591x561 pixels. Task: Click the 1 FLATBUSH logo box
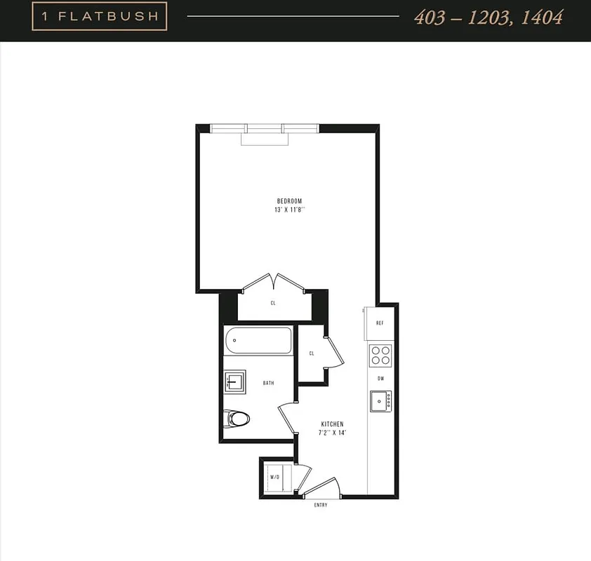click(x=100, y=17)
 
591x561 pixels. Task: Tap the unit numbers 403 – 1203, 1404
click(x=488, y=18)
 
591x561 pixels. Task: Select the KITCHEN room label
click(x=332, y=424)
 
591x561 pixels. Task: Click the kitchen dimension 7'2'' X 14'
click(x=332, y=433)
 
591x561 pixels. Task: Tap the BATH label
click(x=268, y=383)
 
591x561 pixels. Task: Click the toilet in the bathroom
click(x=237, y=419)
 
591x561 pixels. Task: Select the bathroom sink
click(x=234, y=381)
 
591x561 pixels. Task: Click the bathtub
click(x=258, y=341)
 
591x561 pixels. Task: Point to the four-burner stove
click(x=380, y=356)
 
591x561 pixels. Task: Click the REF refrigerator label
click(x=380, y=323)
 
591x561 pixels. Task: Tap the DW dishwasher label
click(x=380, y=379)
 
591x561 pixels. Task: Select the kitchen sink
click(x=380, y=401)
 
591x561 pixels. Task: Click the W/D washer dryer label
click(x=274, y=478)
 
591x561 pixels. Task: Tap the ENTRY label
click(x=320, y=505)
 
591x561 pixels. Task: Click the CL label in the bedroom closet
click(x=273, y=303)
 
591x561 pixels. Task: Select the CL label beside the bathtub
click(x=312, y=353)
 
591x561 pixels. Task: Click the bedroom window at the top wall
click(x=265, y=128)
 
